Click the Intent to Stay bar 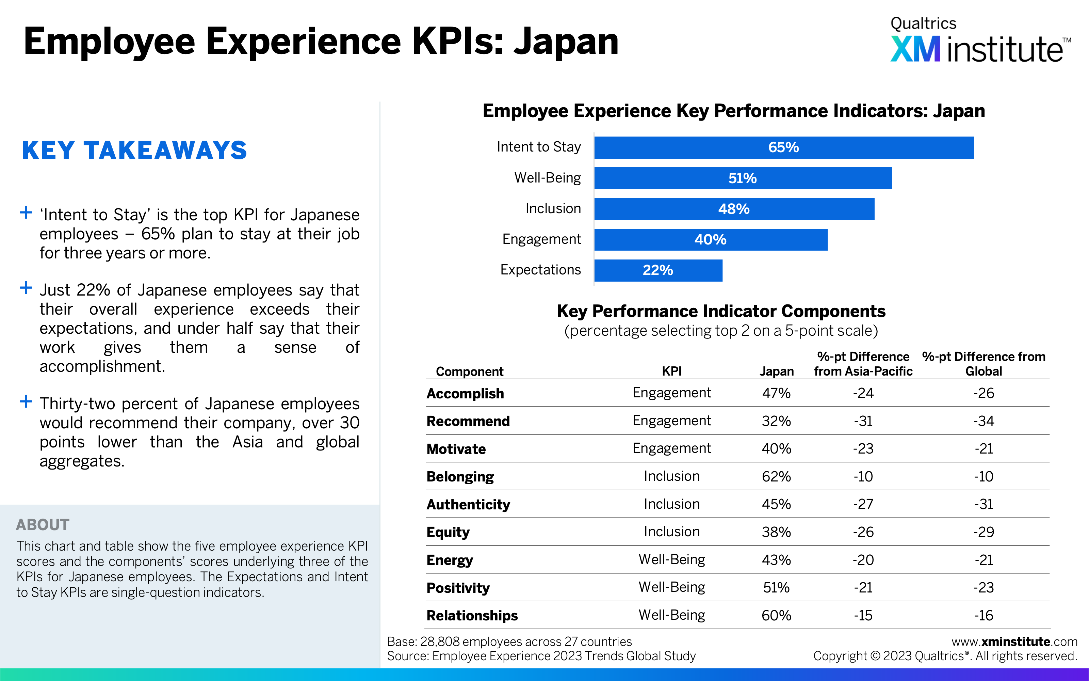(x=783, y=147)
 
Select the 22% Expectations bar (x=658, y=270)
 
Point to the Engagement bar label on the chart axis (x=541, y=239)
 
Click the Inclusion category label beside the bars (x=553, y=208)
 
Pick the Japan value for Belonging (x=776, y=476)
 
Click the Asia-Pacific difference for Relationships (x=863, y=616)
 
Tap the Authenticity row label (x=468, y=504)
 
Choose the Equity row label (x=448, y=532)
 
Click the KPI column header (x=671, y=371)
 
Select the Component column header (x=469, y=371)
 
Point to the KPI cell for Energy (x=671, y=560)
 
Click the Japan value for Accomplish (x=776, y=393)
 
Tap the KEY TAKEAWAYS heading (x=134, y=151)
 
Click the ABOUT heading (x=43, y=525)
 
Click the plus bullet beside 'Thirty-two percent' (x=26, y=401)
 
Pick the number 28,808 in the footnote (x=440, y=642)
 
